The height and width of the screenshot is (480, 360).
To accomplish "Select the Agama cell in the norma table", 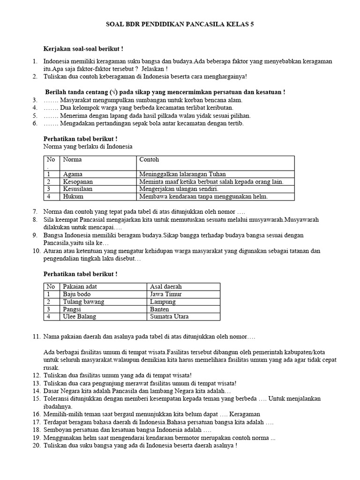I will (x=73, y=174).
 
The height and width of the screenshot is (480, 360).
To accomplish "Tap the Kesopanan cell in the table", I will (x=77, y=181).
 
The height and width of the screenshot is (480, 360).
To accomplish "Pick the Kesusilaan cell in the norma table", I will (x=78, y=189).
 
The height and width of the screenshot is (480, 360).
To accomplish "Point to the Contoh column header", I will (x=149, y=160).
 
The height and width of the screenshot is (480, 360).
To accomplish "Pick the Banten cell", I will (x=159, y=309).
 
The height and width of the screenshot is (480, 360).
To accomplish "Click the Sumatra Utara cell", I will (x=169, y=317).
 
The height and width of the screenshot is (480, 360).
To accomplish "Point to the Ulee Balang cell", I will (x=79, y=317).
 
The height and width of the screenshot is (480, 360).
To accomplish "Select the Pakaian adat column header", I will (x=80, y=286).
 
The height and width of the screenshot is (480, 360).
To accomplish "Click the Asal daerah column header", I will (x=166, y=286).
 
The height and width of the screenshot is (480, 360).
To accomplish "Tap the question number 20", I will (x=37, y=445).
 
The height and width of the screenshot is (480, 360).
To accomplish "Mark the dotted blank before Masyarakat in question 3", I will (x=51, y=100).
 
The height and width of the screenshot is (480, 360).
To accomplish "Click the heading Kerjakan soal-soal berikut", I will (x=83, y=48).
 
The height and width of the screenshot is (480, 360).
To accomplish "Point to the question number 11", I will (x=37, y=337).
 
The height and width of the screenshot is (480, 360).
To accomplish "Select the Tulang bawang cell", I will (x=83, y=302).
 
